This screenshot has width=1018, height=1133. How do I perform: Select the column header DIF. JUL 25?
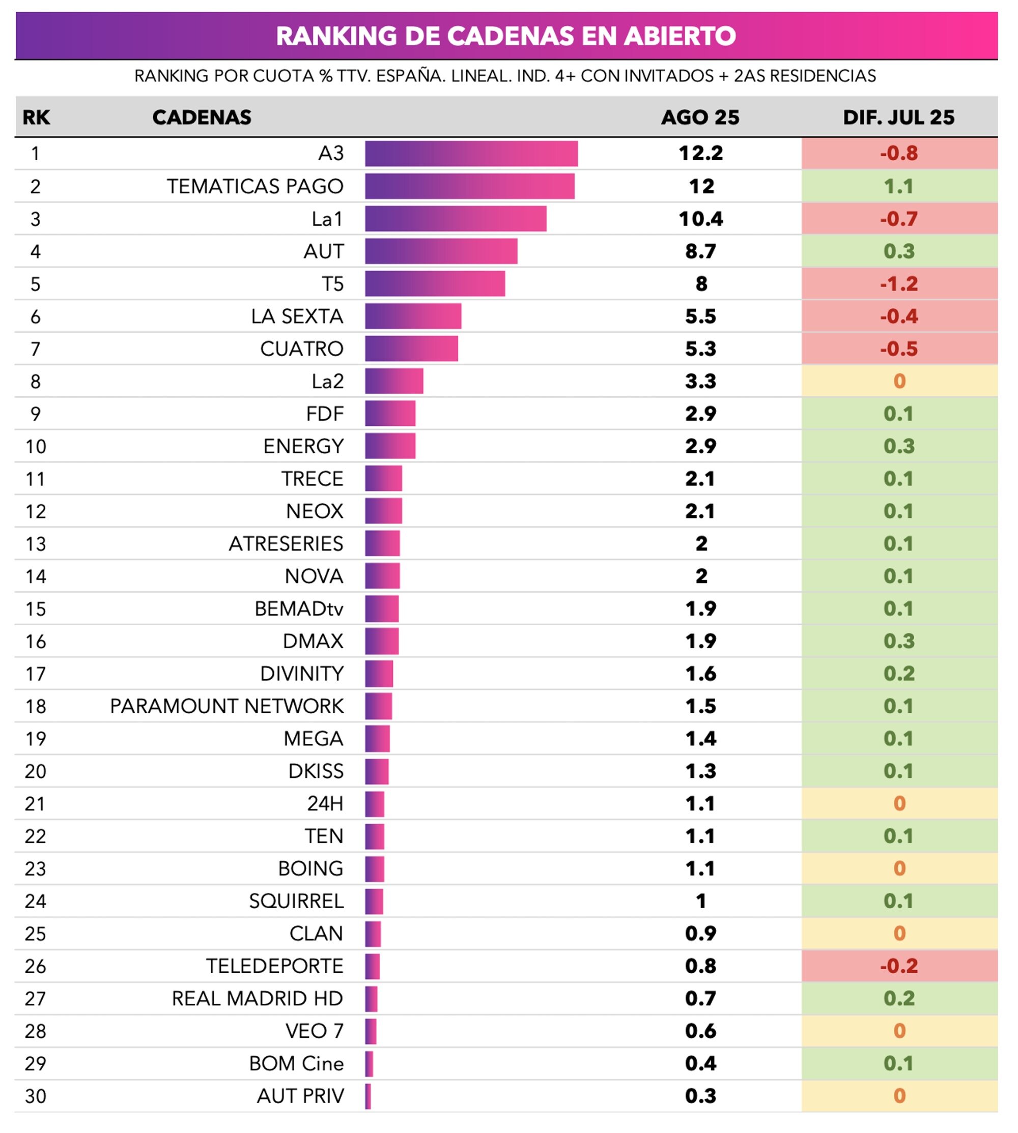click(898, 117)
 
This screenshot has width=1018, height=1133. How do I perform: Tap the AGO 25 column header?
click(700, 117)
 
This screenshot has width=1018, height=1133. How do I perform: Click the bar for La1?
click(456, 219)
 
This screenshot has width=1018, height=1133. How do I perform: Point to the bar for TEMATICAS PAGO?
click(469, 186)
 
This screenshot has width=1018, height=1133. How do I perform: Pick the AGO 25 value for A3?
click(700, 153)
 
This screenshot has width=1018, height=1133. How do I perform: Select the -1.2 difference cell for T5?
click(899, 283)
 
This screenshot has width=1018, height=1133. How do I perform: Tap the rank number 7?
click(35, 349)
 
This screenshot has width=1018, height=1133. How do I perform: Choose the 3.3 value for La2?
click(700, 381)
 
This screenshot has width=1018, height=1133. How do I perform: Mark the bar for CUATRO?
click(411, 349)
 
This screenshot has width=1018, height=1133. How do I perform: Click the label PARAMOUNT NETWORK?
click(227, 706)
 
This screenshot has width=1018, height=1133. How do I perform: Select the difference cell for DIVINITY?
click(899, 674)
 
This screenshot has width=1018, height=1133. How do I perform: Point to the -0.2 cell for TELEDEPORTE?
click(899, 966)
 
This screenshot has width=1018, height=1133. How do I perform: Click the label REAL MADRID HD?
click(257, 998)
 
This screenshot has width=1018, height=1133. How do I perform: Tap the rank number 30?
click(35, 1096)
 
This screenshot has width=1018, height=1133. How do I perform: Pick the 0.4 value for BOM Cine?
click(700, 1063)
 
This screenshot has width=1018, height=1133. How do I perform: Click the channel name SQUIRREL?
click(296, 901)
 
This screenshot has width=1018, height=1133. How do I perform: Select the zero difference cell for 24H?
click(899, 803)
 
